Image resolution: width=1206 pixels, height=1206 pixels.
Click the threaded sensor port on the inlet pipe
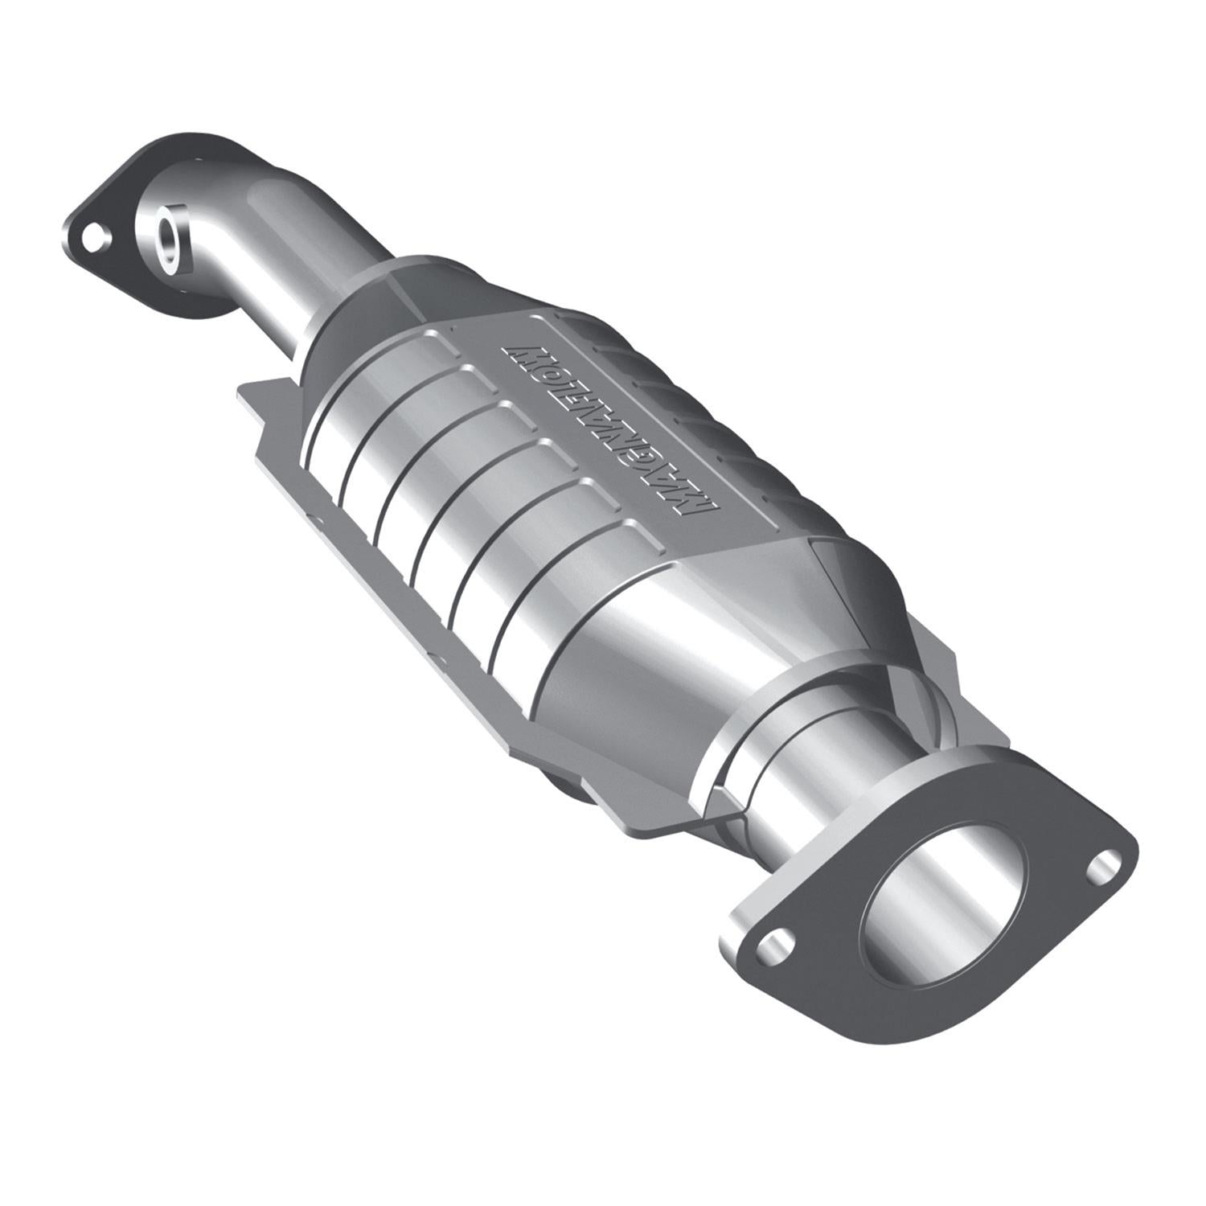tap(170, 232)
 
